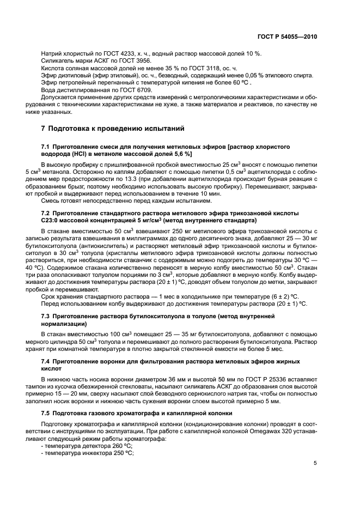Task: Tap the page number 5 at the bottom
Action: (315, 463)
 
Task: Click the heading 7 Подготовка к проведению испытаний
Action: (113, 129)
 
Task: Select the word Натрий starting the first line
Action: (51, 53)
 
